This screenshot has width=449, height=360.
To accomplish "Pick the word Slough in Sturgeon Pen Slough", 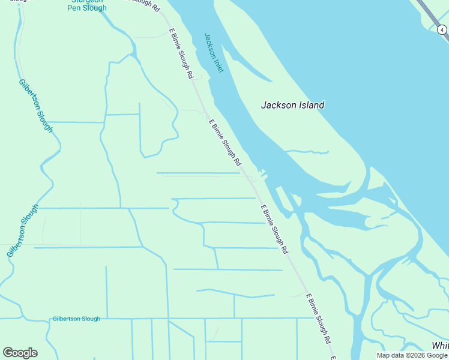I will (95, 8).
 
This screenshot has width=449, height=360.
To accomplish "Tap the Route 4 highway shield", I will (441, 28).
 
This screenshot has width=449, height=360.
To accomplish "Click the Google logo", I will (20, 353).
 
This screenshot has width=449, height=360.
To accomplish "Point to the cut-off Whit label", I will (440, 346).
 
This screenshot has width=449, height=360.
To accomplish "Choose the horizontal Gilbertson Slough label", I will (76, 319).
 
